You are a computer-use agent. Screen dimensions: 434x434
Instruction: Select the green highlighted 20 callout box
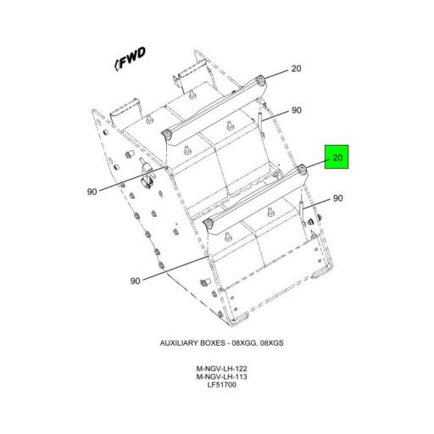(x=337, y=158)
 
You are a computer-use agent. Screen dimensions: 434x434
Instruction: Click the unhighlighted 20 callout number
(x=296, y=70)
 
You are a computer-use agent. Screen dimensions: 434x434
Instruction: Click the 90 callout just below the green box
(x=337, y=198)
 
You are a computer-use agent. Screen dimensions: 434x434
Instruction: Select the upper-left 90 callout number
(x=92, y=192)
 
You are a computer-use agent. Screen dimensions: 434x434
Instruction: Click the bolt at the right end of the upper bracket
(x=260, y=81)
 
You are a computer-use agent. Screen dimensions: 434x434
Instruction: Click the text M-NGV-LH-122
(x=217, y=369)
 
